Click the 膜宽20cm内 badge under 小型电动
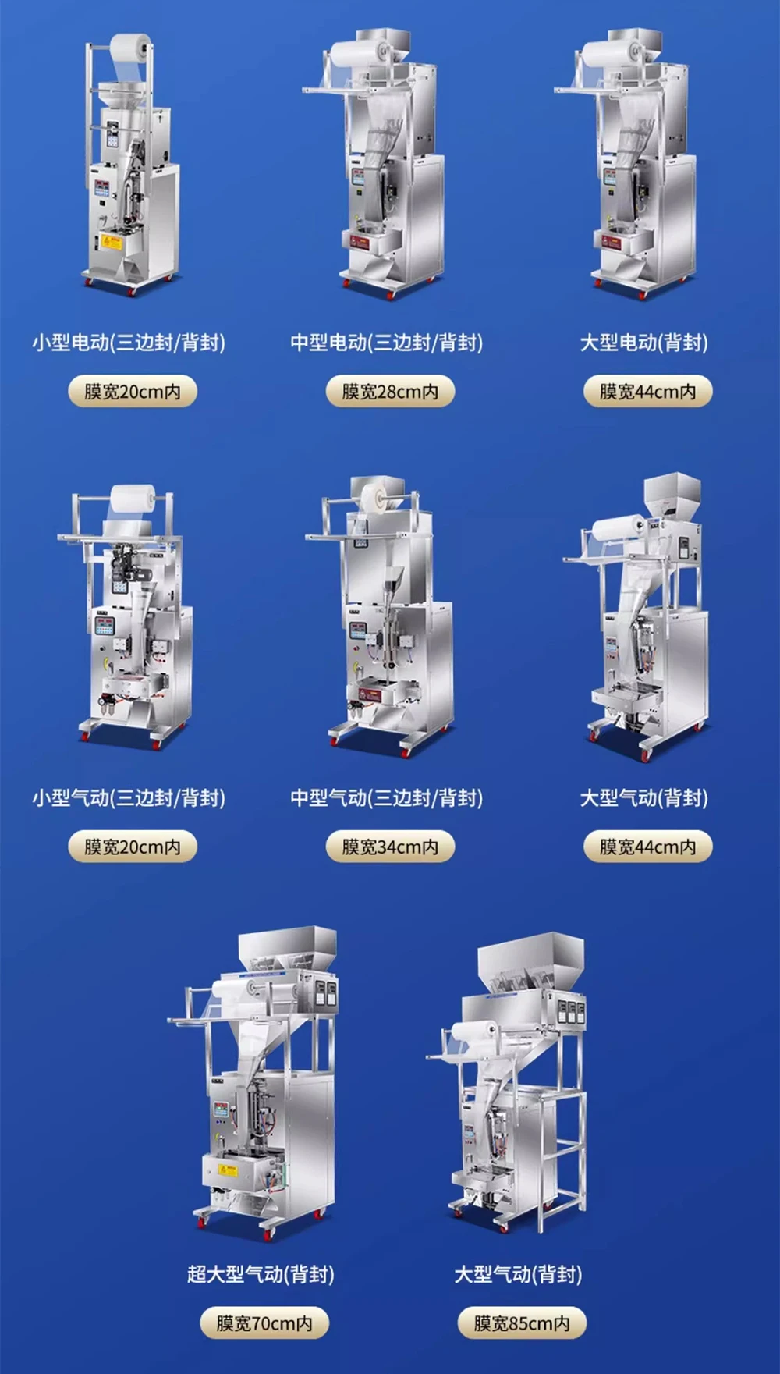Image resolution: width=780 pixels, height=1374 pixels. (132, 391)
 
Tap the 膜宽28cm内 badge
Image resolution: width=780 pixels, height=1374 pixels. (390, 391)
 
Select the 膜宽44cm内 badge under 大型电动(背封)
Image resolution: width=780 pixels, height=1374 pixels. (647, 391)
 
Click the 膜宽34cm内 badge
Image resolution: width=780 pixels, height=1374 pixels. (390, 847)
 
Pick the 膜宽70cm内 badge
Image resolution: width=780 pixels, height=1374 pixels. (264, 1323)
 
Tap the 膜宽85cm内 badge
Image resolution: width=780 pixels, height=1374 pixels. (521, 1323)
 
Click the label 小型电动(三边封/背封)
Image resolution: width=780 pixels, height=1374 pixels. (129, 343)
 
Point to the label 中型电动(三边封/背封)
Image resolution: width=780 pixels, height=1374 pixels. (387, 343)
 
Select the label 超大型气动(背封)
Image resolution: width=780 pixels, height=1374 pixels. (261, 1274)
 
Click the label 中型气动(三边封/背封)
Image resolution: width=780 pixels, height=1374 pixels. (387, 798)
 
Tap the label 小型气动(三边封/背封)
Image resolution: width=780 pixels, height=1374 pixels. (129, 798)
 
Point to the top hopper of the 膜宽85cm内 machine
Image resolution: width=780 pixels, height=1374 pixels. (530, 961)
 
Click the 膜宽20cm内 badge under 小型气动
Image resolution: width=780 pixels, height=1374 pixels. (132, 847)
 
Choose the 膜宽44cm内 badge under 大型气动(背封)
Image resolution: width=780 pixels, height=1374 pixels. (647, 847)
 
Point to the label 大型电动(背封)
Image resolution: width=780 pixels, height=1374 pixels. (644, 343)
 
